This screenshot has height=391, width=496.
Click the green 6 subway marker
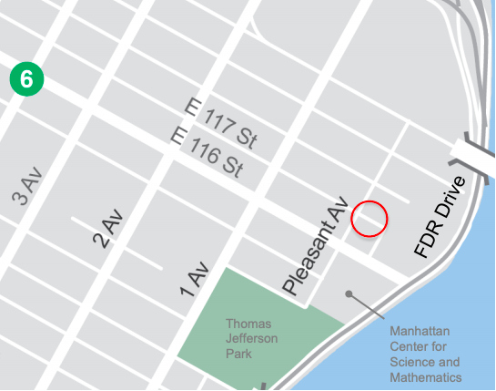pyautogui.click(x=26, y=79)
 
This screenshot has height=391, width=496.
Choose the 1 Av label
pyautogui.click(x=194, y=280)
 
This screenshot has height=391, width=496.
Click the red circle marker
pyautogui.click(x=369, y=219)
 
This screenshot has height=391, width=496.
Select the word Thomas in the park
pyautogui.click(x=248, y=324)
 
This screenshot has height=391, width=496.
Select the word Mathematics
pyautogui.click(x=426, y=377)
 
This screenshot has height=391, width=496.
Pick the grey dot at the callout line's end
pyautogui.click(x=348, y=293)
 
